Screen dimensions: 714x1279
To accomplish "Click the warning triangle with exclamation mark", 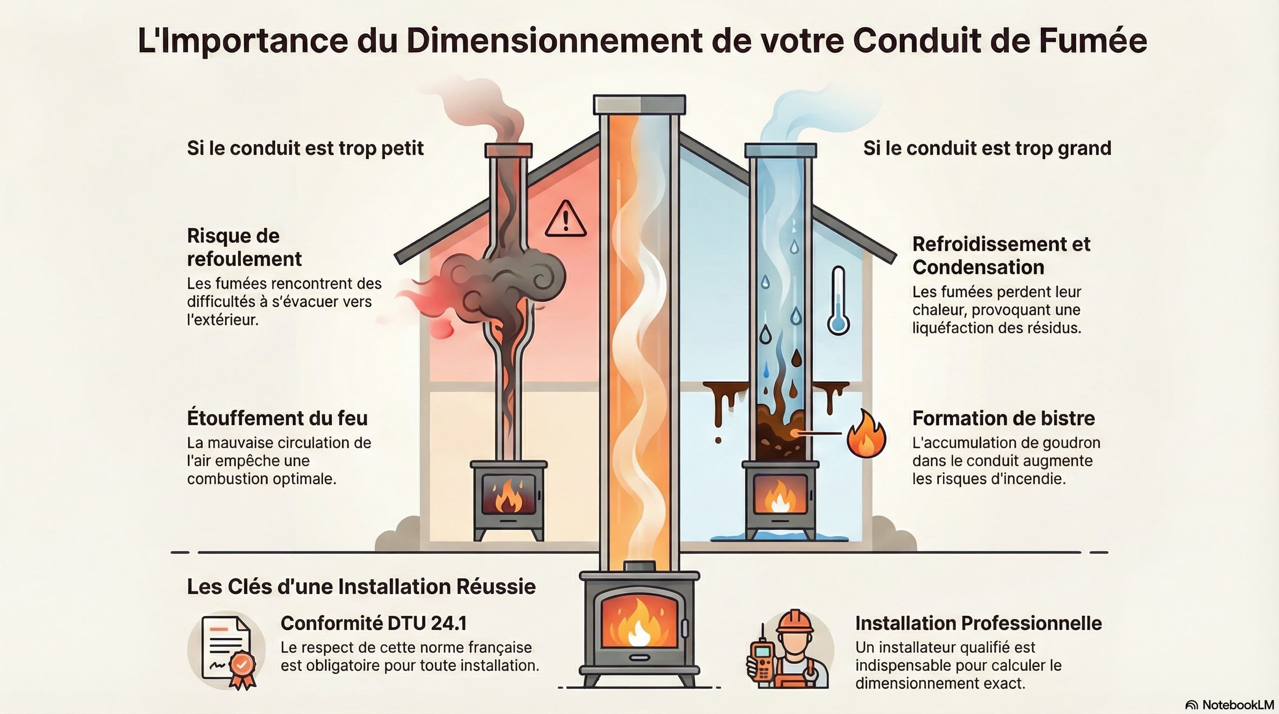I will pos(566,219).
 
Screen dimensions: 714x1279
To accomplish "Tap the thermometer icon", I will pos(838,301).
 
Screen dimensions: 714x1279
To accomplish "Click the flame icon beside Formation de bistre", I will pos(865,435).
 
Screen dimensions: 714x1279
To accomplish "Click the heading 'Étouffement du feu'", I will pos(277,418).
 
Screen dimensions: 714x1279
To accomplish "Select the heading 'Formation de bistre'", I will pos(1003,418).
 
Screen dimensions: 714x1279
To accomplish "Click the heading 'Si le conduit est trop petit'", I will pos(305,148).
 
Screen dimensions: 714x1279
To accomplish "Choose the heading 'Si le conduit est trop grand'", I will pos(987,148).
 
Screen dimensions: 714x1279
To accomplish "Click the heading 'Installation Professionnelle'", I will pos(978,623).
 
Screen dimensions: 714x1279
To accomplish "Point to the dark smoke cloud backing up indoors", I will pos(501,283).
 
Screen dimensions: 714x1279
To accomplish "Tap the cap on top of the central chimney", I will pos(639,105).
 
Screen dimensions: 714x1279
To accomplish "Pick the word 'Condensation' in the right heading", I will pos(978,267).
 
